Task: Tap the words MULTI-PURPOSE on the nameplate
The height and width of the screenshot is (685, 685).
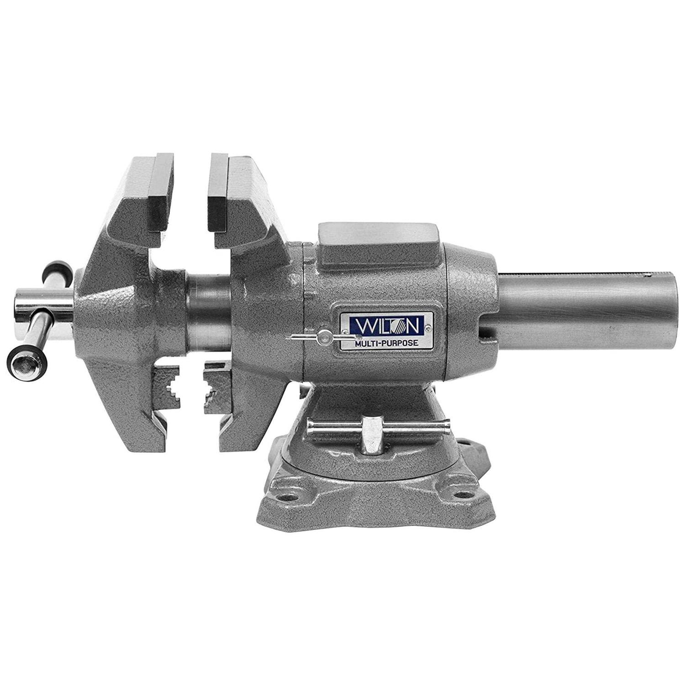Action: pyautogui.click(x=386, y=344)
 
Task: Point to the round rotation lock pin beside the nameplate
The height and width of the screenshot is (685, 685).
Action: pyautogui.click(x=326, y=337)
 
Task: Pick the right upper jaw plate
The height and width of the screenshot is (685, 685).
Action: pyautogui.click(x=217, y=193)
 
